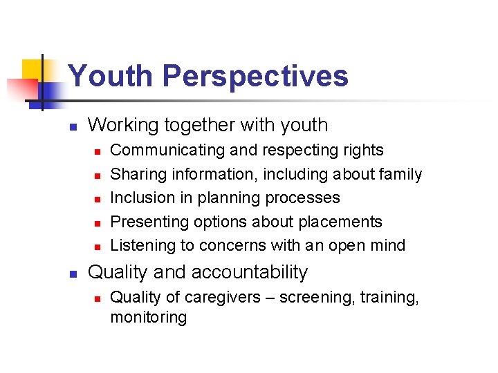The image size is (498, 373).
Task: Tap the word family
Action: click(400, 175)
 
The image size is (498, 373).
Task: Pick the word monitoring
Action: click(149, 317)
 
